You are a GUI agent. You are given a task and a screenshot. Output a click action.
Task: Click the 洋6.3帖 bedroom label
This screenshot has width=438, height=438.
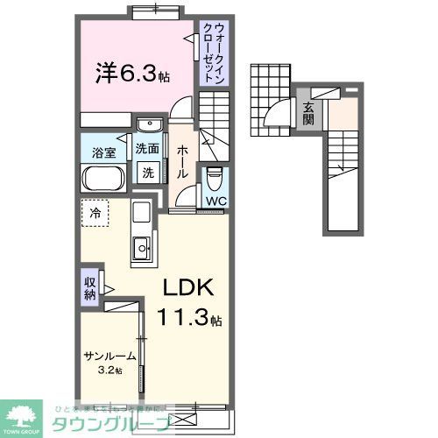tap(131, 72)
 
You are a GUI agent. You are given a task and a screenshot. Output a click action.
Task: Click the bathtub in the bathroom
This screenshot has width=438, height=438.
tap(105, 179)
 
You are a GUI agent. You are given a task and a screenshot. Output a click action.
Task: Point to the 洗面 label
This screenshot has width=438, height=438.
tap(147, 150)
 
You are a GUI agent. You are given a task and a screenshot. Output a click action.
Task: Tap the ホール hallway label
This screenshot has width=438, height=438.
tap(181, 161)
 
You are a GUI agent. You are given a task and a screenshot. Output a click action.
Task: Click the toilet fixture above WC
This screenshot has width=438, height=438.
tap(215, 180)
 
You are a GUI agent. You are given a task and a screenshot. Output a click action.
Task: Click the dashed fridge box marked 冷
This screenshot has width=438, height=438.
tap(94, 212)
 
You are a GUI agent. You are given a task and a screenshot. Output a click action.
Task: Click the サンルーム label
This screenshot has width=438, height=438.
tap(110, 357)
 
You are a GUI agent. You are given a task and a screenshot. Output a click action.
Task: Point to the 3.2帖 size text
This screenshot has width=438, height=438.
tap(110, 371)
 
